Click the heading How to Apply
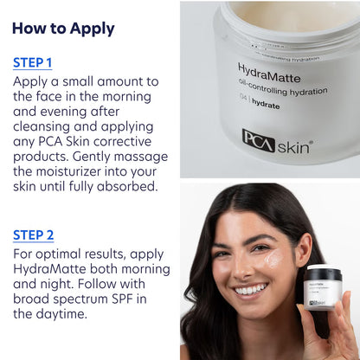(63, 28)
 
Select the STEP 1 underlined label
(33, 63)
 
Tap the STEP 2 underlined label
(33, 235)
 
